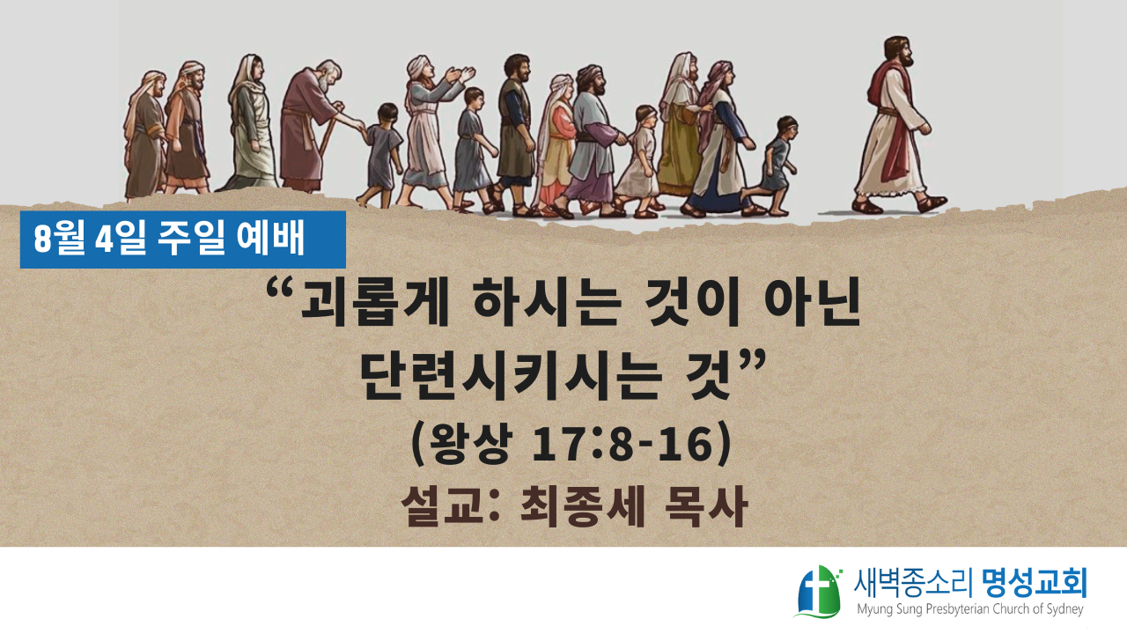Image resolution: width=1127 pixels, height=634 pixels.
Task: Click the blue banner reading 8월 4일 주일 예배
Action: tap(182, 240)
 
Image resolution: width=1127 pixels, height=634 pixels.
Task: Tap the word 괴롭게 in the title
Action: tap(375, 304)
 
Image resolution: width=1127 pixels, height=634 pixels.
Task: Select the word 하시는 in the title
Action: tap(548, 304)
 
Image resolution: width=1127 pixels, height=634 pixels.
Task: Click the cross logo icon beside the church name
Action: tap(819, 592)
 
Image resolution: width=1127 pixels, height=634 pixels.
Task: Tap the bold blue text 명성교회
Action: tap(1035, 583)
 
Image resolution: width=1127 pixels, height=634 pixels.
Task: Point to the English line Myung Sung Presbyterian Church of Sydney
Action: tap(970, 610)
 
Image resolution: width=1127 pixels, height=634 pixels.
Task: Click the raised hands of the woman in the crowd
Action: tap(460, 75)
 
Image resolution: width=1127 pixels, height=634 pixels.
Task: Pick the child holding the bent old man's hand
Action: tap(383, 155)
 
